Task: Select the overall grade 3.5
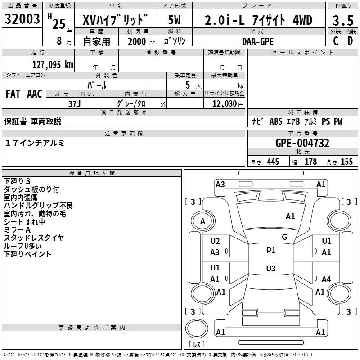coord(342,20)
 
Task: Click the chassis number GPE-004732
coord(302,143)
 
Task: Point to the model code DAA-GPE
coord(257,41)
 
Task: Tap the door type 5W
coord(175,20)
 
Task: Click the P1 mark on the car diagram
coord(271,251)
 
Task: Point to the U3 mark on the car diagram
coord(270,269)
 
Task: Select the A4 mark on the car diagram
coord(326,279)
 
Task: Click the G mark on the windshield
coord(284,237)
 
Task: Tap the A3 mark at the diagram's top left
coord(220,184)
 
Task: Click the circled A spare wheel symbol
coord(202,221)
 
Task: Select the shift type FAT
coord(13,94)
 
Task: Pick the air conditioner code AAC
coord(35,94)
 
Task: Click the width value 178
coord(310,162)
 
